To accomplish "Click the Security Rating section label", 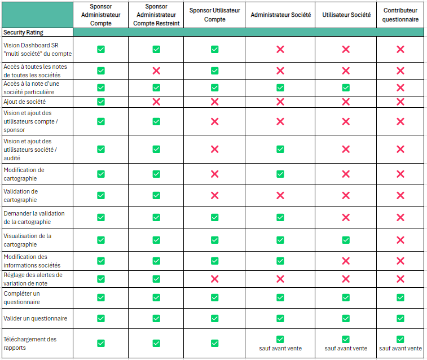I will (23, 33).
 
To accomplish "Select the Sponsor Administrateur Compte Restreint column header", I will (156, 15).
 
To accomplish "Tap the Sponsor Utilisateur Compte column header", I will (214, 15).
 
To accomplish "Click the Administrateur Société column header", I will (280, 15).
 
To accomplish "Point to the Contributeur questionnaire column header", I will (400, 15).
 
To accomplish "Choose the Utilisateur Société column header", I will (346, 15).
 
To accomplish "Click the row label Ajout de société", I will (25, 102).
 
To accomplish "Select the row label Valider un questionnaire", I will (35, 318).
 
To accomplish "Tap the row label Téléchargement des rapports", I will (30, 343).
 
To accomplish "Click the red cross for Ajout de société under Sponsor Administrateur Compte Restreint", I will (156, 102).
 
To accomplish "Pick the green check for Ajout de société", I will (100, 102).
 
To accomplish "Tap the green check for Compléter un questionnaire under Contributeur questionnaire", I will (400, 297).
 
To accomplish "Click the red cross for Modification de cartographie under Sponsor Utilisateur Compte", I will (214, 174).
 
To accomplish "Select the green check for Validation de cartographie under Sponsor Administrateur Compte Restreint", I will (156, 195).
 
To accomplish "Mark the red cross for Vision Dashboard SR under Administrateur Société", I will (280, 50).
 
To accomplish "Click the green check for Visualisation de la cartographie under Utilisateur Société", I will (346, 240).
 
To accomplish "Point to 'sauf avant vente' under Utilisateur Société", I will (346, 348).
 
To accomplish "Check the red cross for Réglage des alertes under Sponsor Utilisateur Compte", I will (214, 279).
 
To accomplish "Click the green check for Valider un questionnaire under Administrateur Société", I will (280, 318).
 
